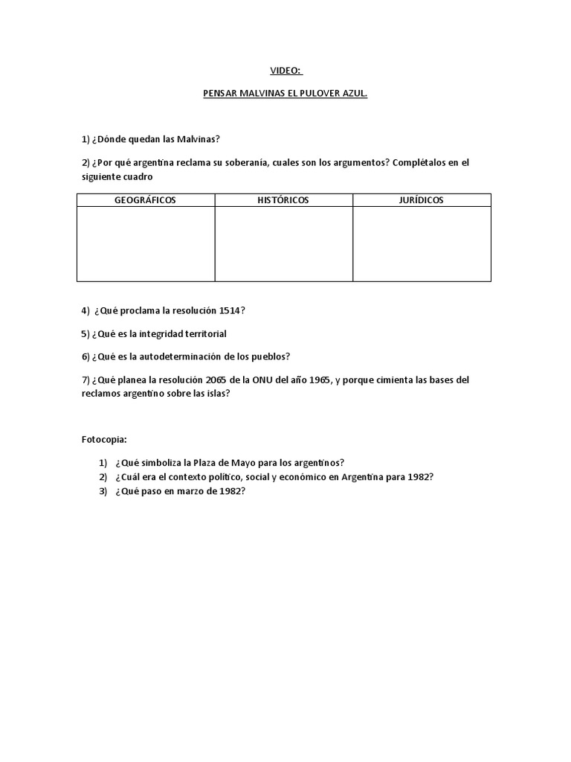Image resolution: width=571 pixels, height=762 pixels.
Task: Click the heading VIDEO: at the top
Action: coord(285,71)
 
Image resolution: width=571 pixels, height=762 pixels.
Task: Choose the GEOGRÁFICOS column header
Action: coord(146,200)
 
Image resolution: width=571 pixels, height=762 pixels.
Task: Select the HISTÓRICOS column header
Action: coord(283,200)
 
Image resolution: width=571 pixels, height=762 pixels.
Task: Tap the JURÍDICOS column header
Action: coord(422,200)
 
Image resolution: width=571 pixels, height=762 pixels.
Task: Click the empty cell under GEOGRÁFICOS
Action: coord(146,244)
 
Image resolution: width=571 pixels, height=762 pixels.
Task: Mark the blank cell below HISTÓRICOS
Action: coord(283,244)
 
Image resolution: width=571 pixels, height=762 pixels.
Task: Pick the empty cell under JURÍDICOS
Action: coord(422,244)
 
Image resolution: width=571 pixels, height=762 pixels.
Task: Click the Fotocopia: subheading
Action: coord(105,440)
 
